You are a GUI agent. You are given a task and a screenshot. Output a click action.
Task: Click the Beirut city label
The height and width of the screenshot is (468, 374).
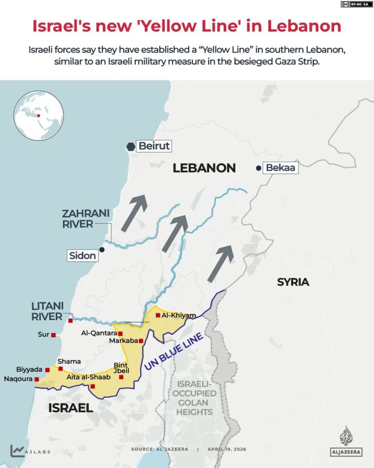click(154, 146)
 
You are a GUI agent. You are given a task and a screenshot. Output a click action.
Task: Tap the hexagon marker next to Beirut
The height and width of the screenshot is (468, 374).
click(131, 147)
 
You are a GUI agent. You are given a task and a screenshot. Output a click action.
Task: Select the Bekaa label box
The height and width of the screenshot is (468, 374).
click(281, 168)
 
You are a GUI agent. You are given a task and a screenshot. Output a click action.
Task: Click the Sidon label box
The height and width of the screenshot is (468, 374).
click(83, 255)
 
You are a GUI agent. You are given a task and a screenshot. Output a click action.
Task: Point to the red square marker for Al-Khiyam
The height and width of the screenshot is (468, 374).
click(158, 315)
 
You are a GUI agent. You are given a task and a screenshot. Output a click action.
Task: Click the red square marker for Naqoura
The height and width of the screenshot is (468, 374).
click(37, 379)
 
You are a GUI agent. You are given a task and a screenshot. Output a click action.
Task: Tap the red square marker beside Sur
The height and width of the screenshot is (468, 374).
click(53, 335)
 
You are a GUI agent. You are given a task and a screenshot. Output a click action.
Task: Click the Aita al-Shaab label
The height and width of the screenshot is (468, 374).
click(89, 377)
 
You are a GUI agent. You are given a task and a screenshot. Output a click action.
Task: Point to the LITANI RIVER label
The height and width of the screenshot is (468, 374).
click(47, 311)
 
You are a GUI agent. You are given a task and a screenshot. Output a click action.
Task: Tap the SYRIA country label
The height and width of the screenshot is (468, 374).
click(293, 282)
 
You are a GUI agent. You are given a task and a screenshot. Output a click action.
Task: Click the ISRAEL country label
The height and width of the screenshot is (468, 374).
click(70, 408)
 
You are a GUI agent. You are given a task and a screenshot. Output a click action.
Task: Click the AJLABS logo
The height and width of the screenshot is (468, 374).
click(30, 451)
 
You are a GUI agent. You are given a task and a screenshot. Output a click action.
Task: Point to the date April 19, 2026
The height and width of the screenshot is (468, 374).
click(227, 449)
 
